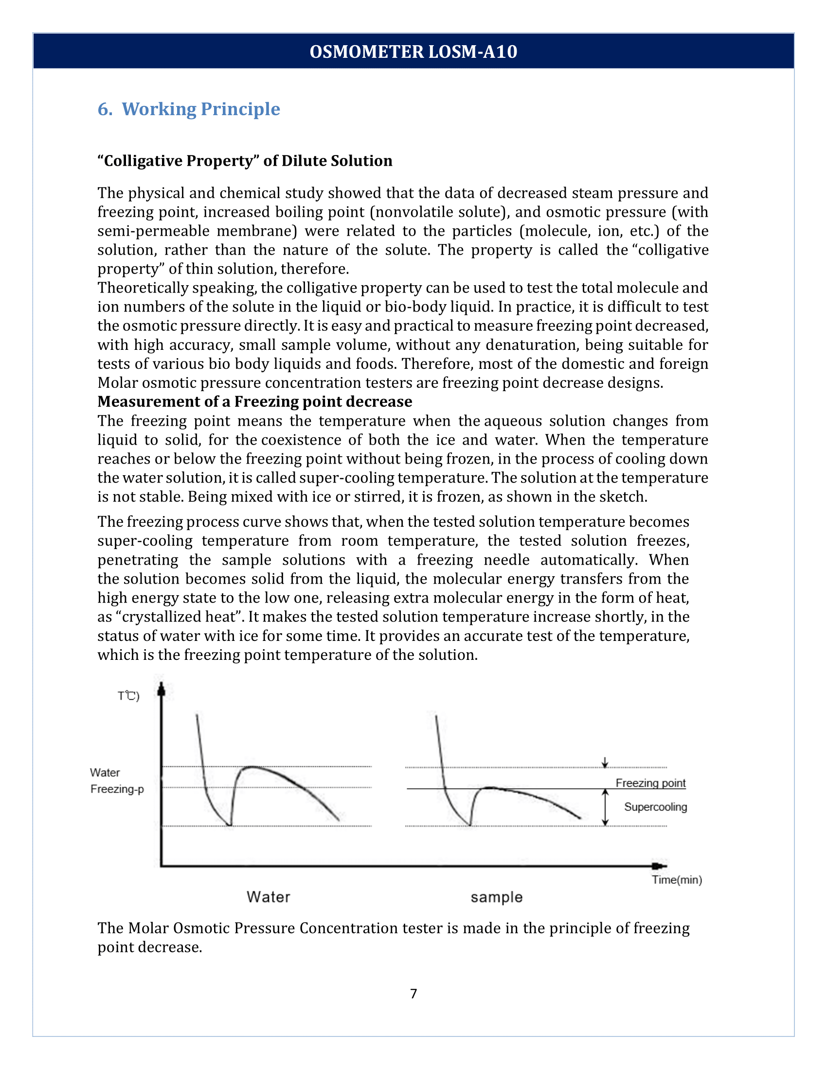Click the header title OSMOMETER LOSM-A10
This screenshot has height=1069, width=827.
point(413,52)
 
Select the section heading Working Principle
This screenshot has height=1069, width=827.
point(189,109)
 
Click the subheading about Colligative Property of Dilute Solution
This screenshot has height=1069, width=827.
point(245,160)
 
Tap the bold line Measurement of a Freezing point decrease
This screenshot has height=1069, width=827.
point(254,401)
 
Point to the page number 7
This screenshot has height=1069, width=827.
point(413,993)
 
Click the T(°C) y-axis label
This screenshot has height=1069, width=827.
point(128,695)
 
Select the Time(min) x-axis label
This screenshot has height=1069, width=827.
point(677,879)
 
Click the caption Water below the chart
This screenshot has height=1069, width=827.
point(268,897)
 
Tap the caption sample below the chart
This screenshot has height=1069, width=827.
point(496,897)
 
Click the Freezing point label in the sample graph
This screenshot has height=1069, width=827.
point(650,783)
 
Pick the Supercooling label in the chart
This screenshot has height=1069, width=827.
point(655,807)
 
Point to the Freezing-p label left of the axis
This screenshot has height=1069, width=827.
point(117,789)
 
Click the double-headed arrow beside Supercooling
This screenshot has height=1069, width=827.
point(605,807)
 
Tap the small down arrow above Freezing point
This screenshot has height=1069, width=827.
point(605,762)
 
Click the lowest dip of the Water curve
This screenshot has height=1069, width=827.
point(230,825)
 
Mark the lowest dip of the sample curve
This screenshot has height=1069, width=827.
point(470,825)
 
